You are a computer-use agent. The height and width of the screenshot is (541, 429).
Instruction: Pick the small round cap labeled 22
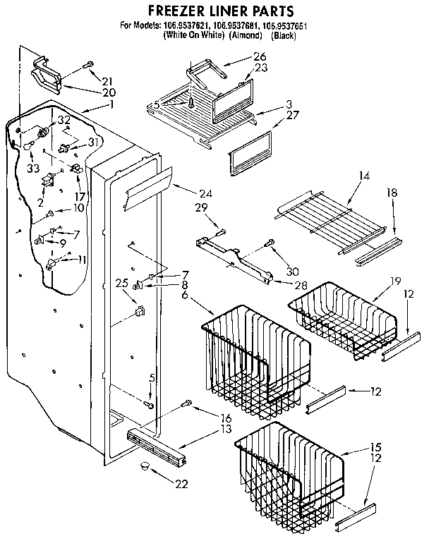click(145, 467)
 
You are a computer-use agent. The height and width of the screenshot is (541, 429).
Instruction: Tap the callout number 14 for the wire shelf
click(363, 174)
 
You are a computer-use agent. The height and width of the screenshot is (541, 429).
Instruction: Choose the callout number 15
click(376, 447)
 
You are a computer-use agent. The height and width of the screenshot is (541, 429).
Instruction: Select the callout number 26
click(240, 56)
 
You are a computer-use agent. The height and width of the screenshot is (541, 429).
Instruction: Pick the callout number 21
click(107, 80)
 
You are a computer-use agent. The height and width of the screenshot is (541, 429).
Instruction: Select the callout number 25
click(122, 284)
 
